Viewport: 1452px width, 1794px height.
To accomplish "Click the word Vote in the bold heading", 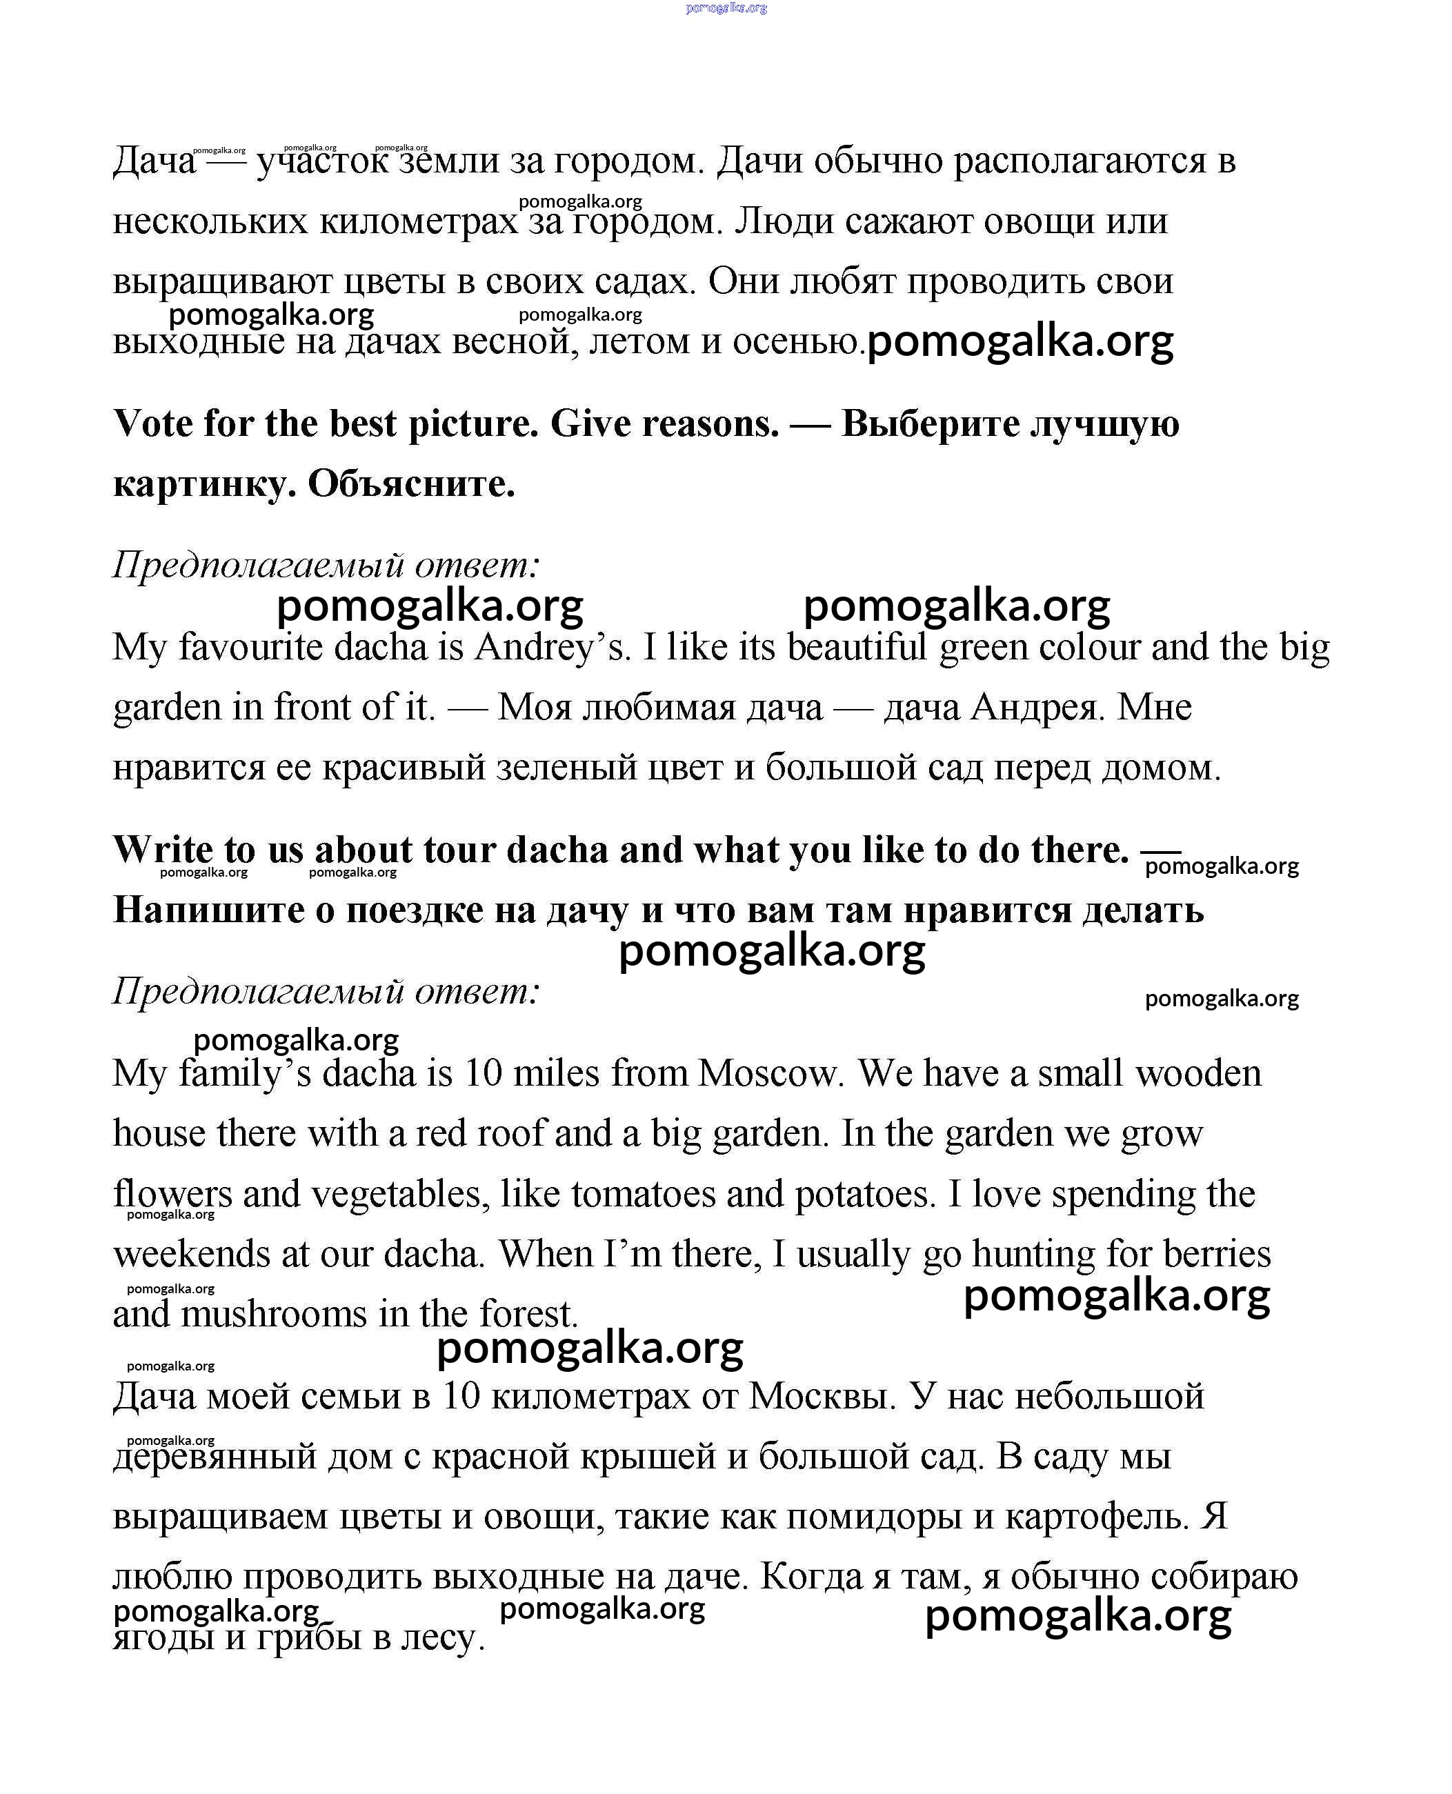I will [152, 423].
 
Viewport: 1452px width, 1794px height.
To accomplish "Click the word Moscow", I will [768, 1073].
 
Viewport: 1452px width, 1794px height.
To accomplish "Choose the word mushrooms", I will [274, 1314].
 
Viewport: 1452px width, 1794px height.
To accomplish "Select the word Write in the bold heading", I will [162, 850].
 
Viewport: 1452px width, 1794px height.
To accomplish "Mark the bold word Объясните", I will [412, 484].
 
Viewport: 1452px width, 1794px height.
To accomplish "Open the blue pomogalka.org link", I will [725, 8].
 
